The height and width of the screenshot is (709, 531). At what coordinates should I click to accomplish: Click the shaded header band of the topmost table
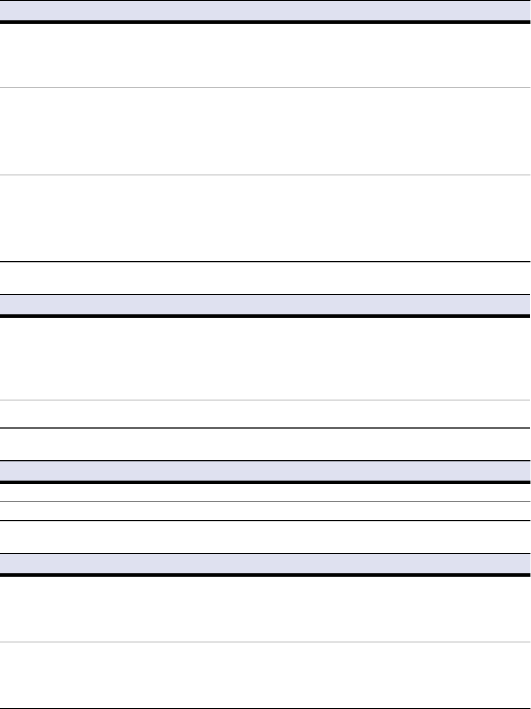click(x=265, y=10)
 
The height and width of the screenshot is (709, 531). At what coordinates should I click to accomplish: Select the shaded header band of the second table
click(x=265, y=304)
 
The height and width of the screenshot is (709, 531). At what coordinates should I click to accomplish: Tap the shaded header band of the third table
click(x=265, y=470)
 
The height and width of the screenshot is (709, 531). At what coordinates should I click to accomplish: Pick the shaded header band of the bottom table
click(x=265, y=563)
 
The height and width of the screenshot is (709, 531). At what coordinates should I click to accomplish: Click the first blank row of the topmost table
click(x=265, y=55)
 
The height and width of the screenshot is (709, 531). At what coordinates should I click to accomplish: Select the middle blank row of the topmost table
click(x=265, y=131)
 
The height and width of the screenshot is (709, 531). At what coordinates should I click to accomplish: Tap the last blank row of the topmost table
click(x=265, y=218)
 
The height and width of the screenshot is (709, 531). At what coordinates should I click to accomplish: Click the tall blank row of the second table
click(x=265, y=358)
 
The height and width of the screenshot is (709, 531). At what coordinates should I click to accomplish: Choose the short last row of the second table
click(x=265, y=414)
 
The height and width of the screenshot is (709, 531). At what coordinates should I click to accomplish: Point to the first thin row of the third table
click(x=265, y=492)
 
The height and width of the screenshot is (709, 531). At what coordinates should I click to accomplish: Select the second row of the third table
click(x=265, y=511)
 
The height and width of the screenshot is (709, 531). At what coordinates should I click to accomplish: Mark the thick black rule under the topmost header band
click(x=265, y=22)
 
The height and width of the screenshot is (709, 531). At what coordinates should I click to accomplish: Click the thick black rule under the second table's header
click(x=265, y=316)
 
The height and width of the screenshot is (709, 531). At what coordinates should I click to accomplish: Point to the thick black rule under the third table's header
click(x=265, y=482)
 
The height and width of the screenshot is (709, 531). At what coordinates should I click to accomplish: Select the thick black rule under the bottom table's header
click(x=265, y=575)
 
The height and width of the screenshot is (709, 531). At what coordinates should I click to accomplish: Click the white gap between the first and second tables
click(x=265, y=278)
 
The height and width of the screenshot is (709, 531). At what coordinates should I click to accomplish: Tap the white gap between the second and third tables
click(x=265, y=444)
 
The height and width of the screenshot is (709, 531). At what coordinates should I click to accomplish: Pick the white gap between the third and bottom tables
click(x=265, y=537)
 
